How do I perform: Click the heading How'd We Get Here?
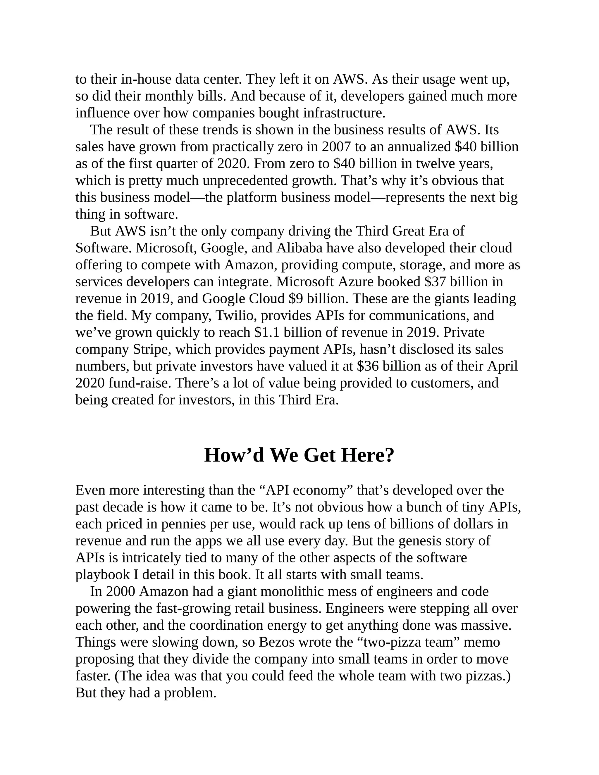pyautogui.click(x=299, y=455)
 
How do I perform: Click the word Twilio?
pyautogui.click(x=231, y=316)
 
